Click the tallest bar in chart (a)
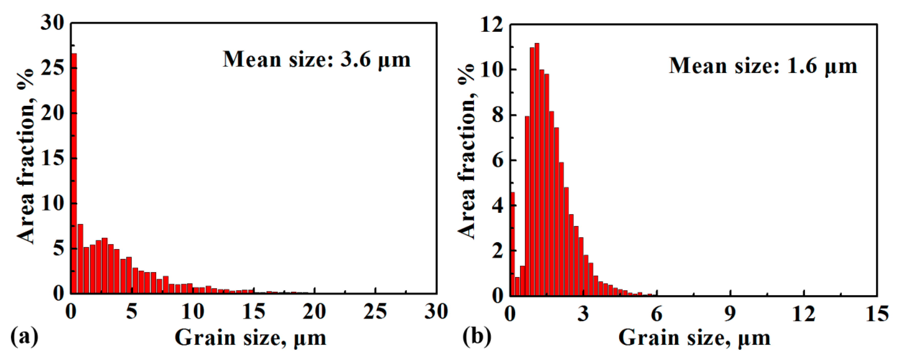(74, 174)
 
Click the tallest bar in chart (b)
(537, 171)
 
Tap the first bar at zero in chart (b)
(512, 244)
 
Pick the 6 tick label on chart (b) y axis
(497, 161)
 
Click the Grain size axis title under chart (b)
(694, 338)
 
